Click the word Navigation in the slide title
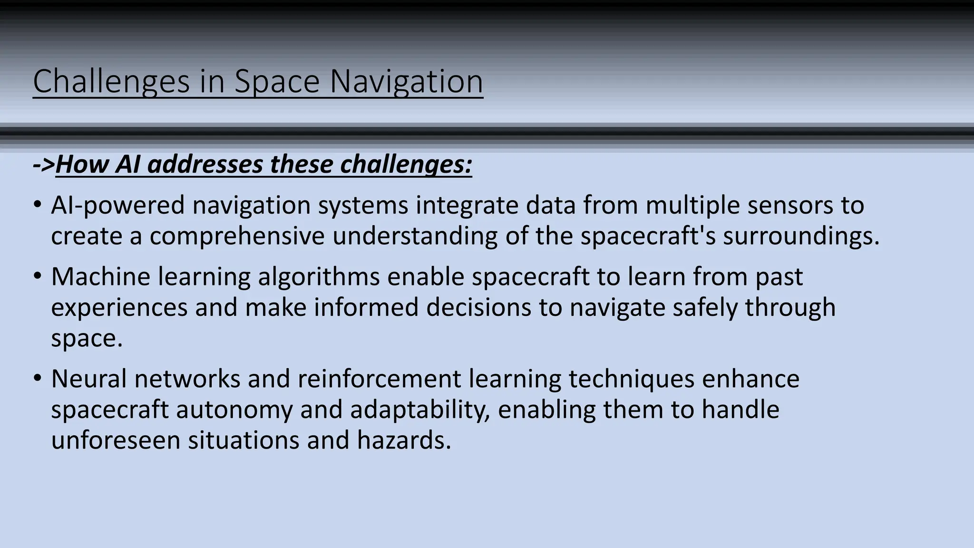coord(406,82)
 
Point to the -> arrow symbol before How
coord(44,165)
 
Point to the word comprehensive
coord(237,236)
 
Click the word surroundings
coord(801,236)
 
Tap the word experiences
coord(119,308)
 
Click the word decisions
coord(478,308)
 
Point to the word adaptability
coord(420,410)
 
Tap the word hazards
coord(404,440)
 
